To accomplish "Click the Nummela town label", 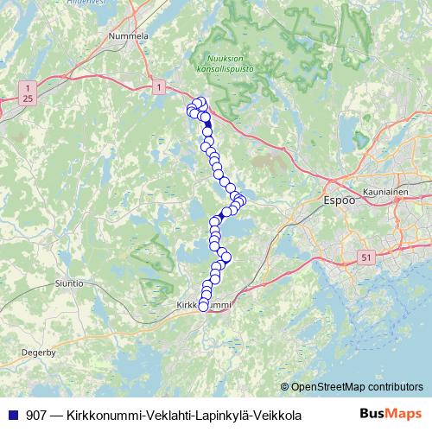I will tap(130, 36).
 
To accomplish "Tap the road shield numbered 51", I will tap(365, 257).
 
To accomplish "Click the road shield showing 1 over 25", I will tap(29, 93).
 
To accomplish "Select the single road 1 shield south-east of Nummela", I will tap(159, 86).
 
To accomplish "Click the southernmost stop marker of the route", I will tap(204, 306).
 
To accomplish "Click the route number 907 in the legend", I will tap(37, 416).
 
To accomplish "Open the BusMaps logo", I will tap(391, 415).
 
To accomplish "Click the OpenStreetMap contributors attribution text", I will tap(356, 386).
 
